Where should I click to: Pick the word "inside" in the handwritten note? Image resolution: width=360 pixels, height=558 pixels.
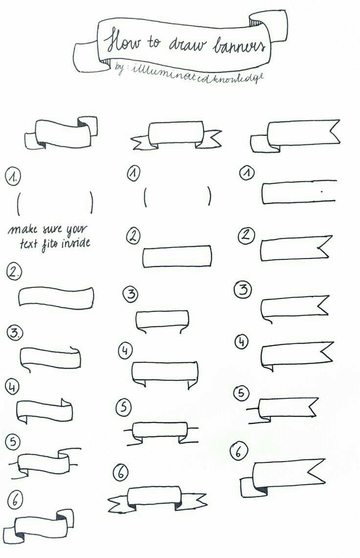coord(76,243)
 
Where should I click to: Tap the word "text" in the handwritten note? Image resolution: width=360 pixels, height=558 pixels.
coord(29,244)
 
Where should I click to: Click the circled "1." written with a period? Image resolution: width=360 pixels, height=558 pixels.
coord(13,177)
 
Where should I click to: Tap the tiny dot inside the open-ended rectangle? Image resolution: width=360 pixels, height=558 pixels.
coord(321,191)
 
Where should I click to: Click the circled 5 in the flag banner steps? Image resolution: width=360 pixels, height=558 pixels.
coord(241,393)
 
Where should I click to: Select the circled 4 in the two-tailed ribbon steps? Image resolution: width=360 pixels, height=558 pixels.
coord(125,350)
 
